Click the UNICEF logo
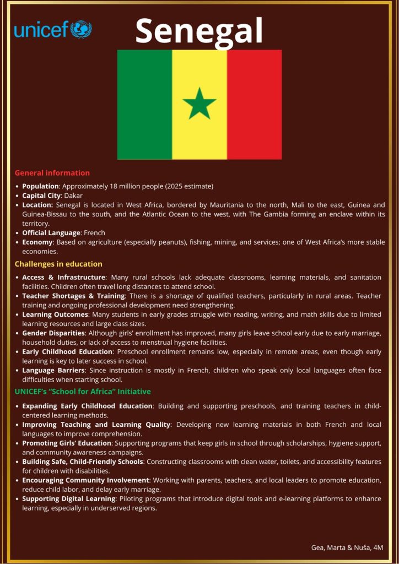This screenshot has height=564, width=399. (53, 29)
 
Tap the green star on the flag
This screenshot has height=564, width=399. (199, 104)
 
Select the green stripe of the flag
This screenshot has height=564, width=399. (144, 104)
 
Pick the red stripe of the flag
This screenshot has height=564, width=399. (254, 104)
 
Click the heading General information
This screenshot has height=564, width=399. (52, 173)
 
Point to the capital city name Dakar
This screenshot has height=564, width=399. (74, 196)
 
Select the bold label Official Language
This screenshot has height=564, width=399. (51, 233)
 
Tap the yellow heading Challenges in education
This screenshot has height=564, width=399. (58, 264)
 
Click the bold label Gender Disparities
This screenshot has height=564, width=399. (53, 333)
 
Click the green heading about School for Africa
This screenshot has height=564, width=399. (83, 392)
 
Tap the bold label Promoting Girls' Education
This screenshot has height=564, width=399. (67, 443)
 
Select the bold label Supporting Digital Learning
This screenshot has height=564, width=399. (69, 499)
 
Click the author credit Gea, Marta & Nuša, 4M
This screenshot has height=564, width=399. (347, 547)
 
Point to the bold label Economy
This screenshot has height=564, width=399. (37, 242)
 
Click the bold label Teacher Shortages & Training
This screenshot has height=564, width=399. (74, 296)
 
